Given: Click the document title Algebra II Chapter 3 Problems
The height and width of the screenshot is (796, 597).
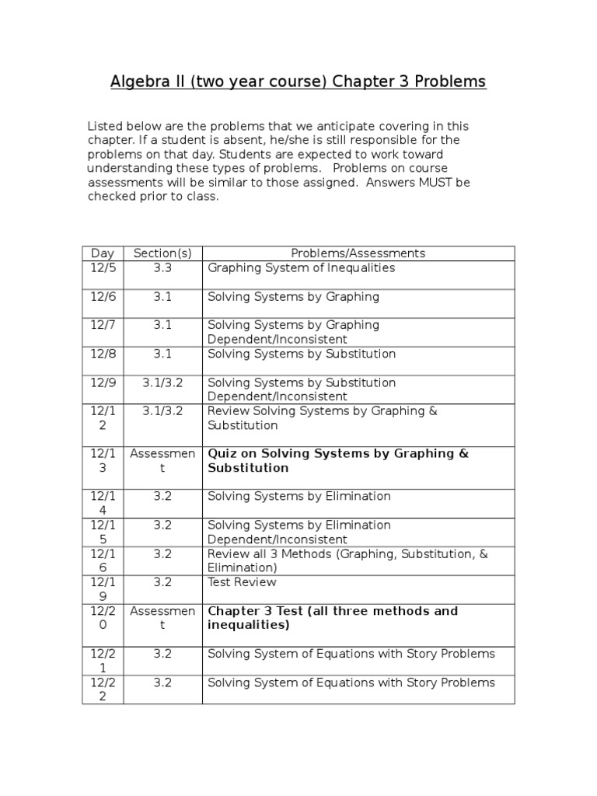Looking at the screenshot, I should pos(298,82).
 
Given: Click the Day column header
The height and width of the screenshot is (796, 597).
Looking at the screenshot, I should pos(103,253).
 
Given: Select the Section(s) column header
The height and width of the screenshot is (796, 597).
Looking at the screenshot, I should pos(162,253).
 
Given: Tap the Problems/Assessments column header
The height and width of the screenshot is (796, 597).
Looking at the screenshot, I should pos(358,253).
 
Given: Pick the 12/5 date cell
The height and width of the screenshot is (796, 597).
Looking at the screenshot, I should pos(103,268).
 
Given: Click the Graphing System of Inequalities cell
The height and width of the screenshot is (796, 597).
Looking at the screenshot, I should pos(301,268).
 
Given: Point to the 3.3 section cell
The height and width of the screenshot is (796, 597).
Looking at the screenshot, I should pos(162,268).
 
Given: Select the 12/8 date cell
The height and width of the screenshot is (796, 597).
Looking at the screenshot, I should pos(103,354).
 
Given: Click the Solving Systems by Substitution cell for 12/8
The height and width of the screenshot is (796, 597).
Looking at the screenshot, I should pos(301,354).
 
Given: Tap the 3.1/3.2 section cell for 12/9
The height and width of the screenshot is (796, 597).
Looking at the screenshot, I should pos(162,383).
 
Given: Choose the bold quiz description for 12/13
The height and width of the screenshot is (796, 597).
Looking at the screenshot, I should pos(337,461).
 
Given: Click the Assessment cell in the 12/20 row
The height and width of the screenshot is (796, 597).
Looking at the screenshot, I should pos(162,618).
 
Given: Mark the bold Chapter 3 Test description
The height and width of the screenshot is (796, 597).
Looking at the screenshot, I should pos(332,618).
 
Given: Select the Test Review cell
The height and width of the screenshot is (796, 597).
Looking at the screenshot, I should pos(242,582).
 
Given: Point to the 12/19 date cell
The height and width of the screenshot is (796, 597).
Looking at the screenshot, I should pos(103,589).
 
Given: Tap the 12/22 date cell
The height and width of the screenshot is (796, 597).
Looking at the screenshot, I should pos(103,690).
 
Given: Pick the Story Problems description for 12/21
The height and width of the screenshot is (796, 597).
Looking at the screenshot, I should pos(351,654).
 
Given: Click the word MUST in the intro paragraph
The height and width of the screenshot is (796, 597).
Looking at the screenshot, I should pos(431,183).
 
